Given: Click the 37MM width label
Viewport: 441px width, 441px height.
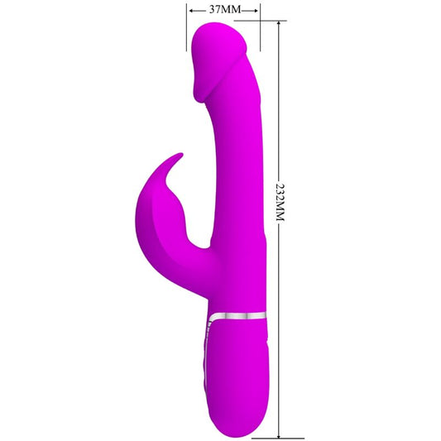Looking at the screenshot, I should pos(224,10).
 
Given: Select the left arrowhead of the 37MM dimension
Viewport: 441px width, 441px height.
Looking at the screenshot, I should pos(192,11).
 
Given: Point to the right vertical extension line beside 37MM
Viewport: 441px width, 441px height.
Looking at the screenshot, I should pos(261,29).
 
